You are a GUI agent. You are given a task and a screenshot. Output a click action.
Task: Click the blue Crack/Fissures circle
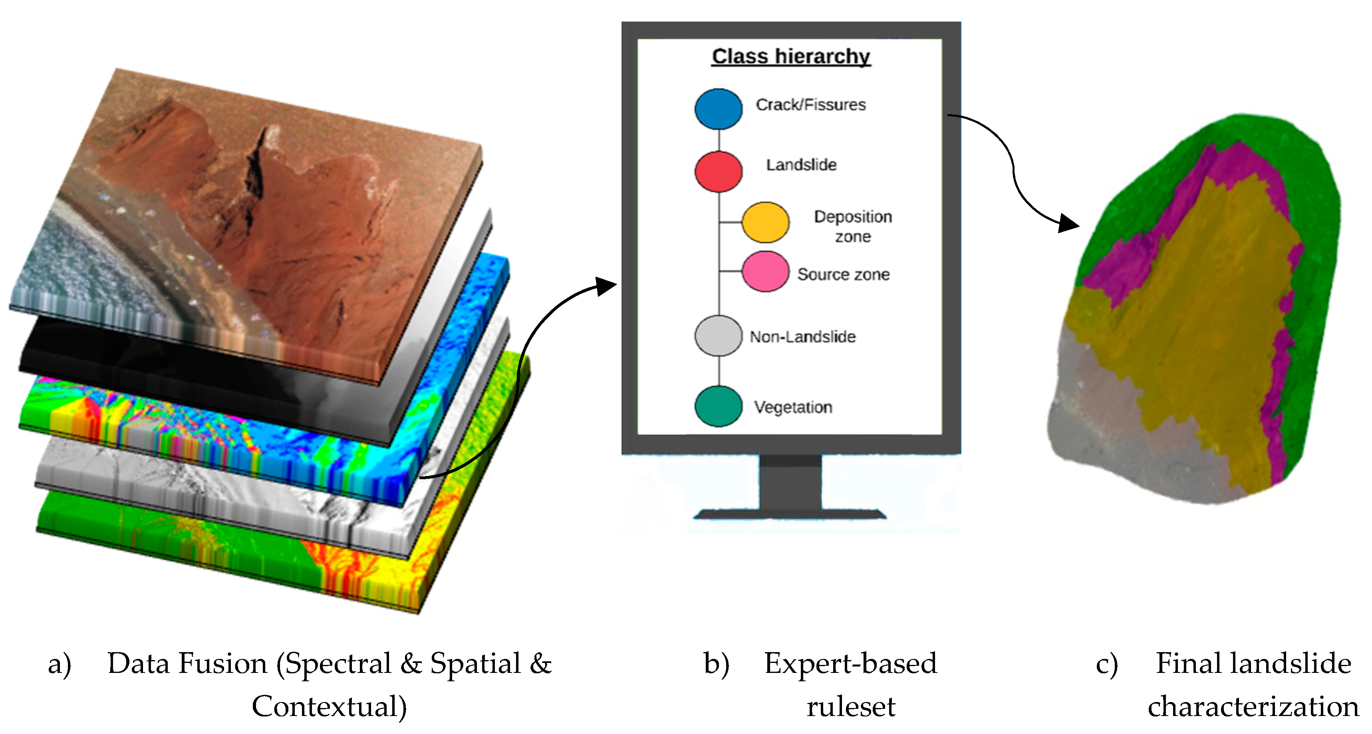(x=718, y=109)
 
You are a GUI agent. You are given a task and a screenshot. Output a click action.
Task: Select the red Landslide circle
(x=718, y=171)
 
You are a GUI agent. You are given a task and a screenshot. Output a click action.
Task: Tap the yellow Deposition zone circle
(x=765, y=222)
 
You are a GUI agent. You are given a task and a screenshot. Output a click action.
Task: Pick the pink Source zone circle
(x=765, y=272)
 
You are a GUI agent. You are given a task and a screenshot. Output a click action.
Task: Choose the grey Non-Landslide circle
(x=718, y=335)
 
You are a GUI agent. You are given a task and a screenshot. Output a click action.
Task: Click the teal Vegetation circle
(x=718, y=407)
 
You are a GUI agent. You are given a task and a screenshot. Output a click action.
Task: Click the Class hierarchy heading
(x=791, y=56)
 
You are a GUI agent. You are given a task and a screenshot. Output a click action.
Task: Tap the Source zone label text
(x=843, y=274)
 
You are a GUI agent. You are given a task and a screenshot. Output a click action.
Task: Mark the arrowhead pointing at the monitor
(x=606, y=286)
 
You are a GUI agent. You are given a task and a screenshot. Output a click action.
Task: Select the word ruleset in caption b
(x=851, y=707)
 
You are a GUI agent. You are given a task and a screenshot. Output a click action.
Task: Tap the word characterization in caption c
(x=1253, y=707)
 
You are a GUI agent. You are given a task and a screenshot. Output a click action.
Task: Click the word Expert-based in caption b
(x=851, y=664)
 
